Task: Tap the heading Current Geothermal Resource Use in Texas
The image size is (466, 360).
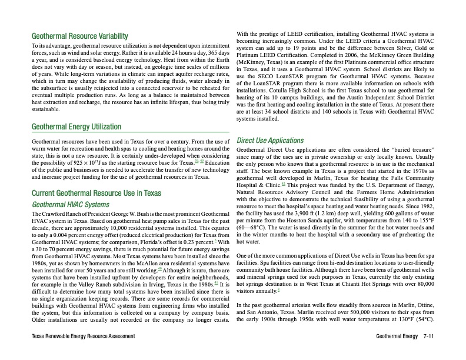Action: [x=95, y=192]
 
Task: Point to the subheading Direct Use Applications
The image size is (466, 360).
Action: [x=269, y=141]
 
